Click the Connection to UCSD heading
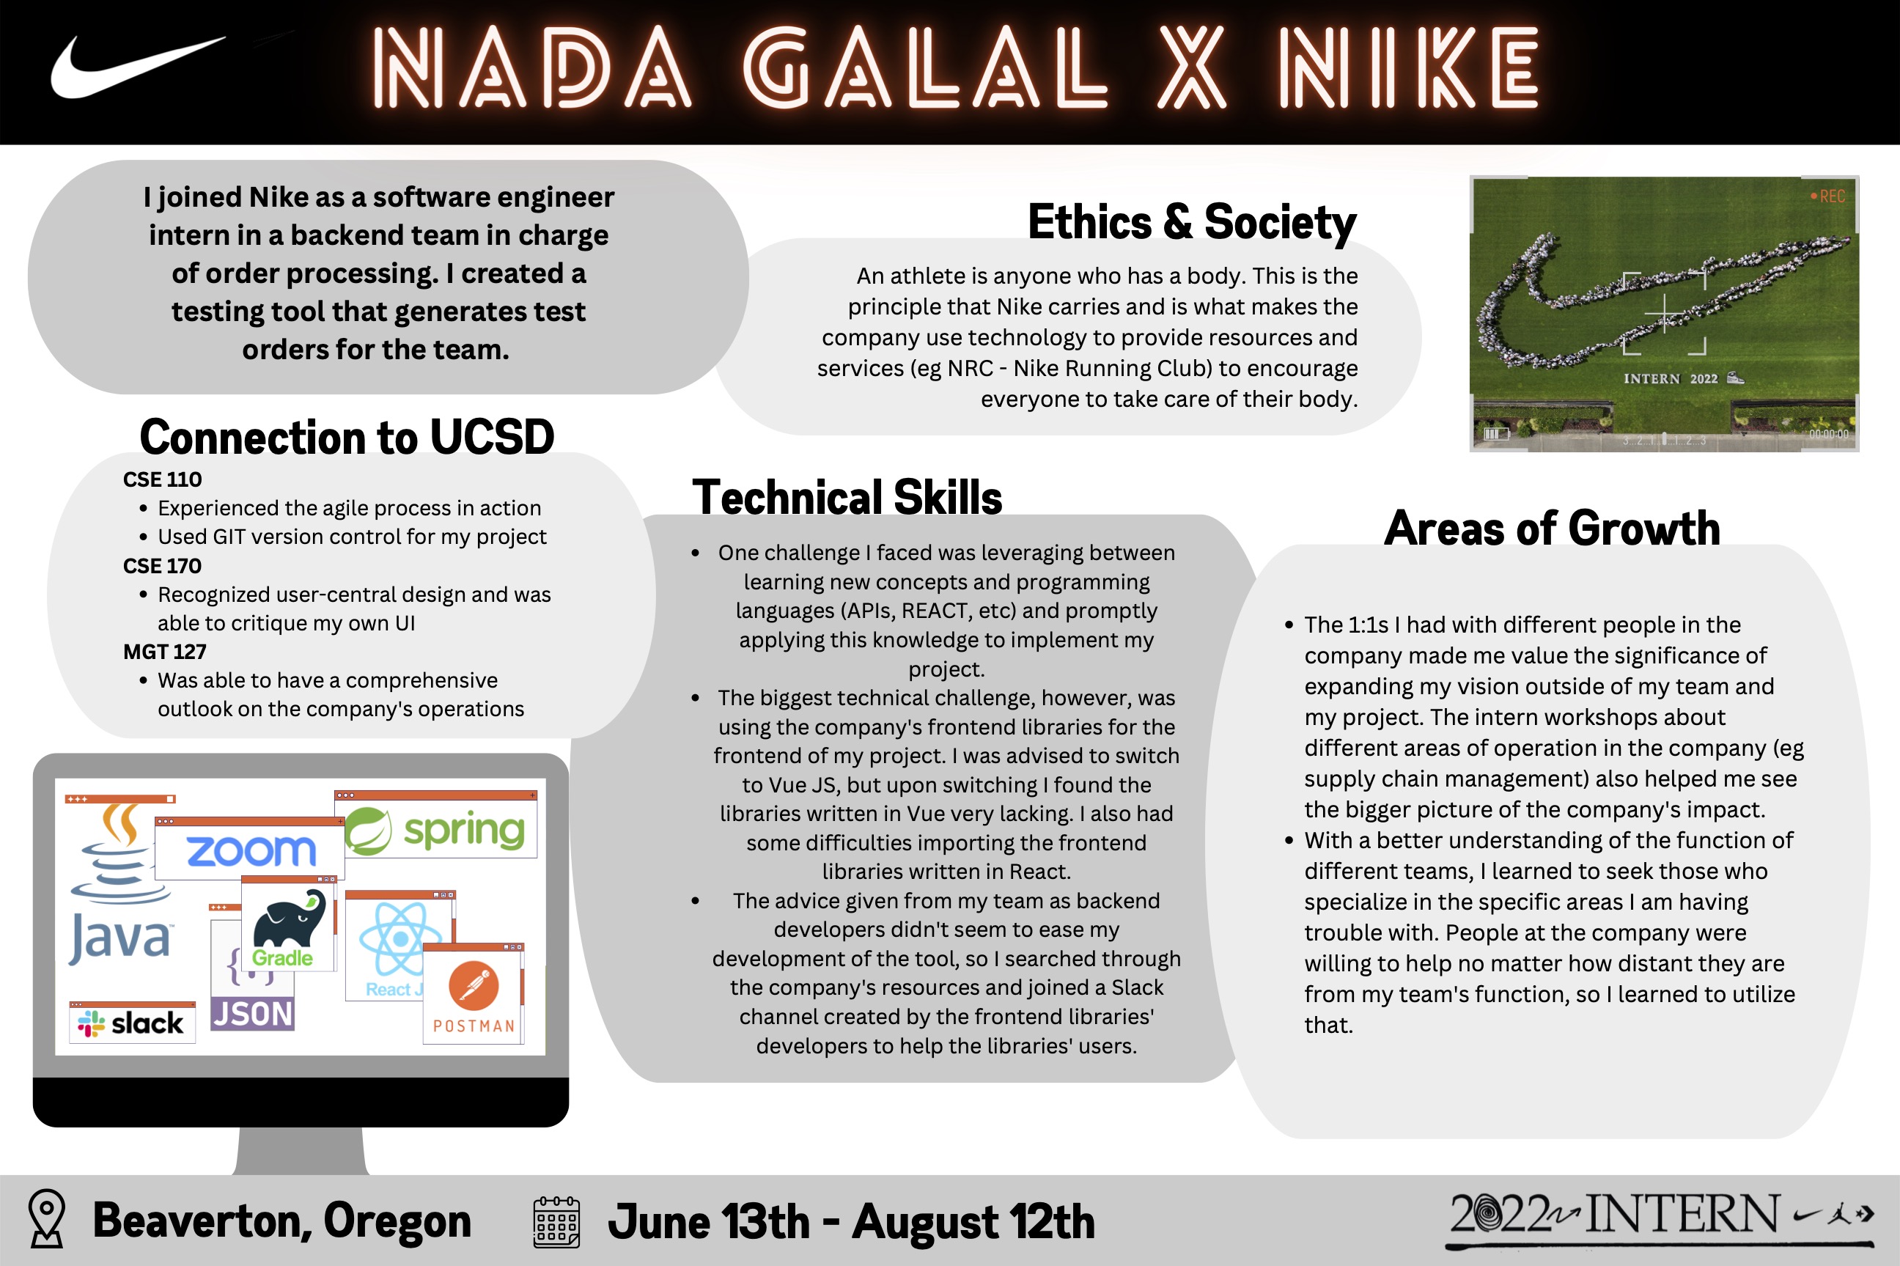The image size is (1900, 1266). point(347,437)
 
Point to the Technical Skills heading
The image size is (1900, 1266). point(847,496)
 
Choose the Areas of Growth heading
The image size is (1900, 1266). point(1552,528)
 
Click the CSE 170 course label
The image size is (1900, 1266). point(162,566)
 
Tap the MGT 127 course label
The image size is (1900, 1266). point(165,652)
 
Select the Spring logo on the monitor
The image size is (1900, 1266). point(437,830)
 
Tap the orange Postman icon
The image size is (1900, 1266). point(474,985)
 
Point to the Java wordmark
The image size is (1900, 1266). point(120,938)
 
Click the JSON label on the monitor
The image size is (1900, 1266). point(253,1014)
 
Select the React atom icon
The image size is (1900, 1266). point(399,939)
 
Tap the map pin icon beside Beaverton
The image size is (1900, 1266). point(47,1218)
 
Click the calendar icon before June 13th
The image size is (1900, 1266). point(557,1221)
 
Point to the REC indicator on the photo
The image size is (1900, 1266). point(1828,196)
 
